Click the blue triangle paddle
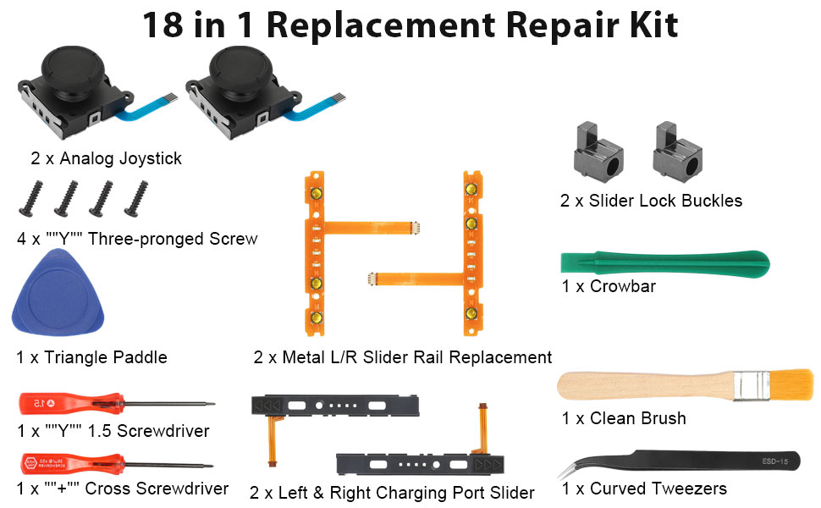(57, 300)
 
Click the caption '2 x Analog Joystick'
(107, 158)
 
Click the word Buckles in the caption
(708, 202)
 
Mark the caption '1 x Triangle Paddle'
(91, 357)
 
